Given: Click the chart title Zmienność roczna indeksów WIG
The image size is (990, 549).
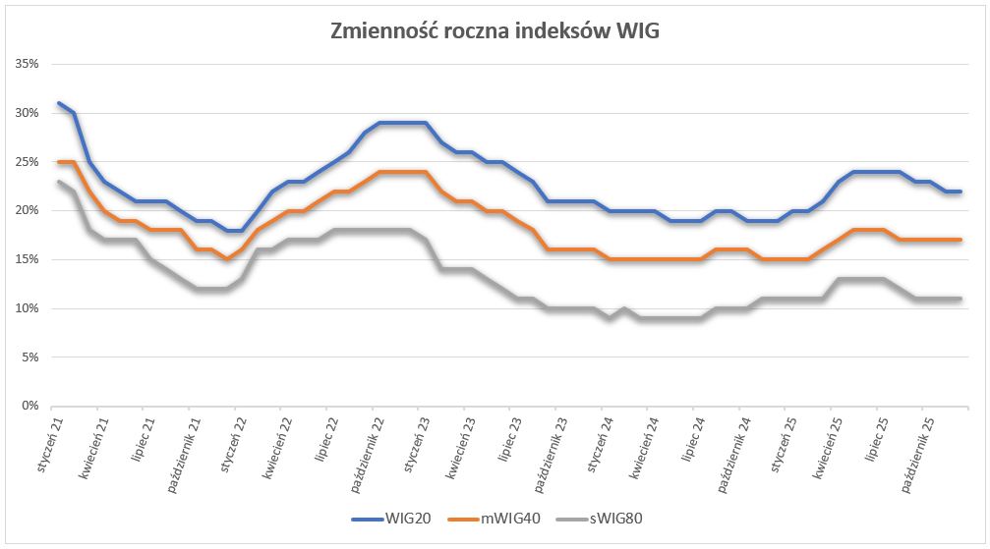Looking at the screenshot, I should point(495,31).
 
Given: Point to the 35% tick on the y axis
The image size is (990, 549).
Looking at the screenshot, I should point(27,64).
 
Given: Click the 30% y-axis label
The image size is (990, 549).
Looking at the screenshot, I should point(27,113).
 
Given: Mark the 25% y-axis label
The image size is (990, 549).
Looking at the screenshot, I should point(27,161).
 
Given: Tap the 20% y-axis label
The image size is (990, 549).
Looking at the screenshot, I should point(27,210).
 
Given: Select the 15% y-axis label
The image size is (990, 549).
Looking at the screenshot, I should point(27,259).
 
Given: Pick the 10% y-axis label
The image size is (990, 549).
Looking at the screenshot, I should point(27,308).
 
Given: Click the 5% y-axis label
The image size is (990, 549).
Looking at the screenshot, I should point(29,357).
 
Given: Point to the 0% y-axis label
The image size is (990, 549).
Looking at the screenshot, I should point(29,406).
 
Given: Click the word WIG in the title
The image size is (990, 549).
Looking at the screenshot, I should point(637,31).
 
